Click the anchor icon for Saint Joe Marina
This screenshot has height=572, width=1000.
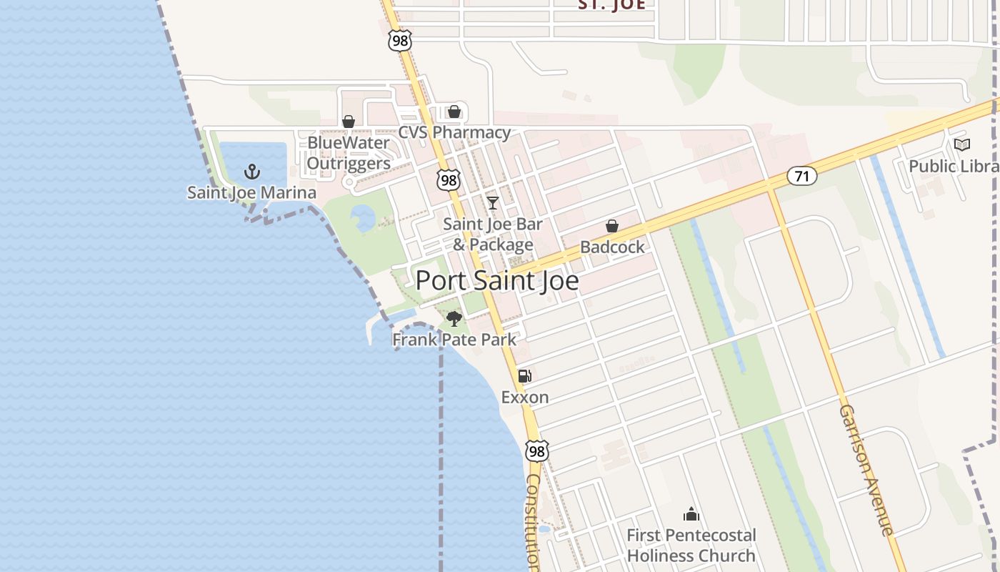(251, 172)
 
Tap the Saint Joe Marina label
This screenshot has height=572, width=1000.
(251, 192)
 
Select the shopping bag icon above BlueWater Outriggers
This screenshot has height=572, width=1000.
(349, 122)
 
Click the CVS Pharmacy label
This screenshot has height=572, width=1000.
(454, 132)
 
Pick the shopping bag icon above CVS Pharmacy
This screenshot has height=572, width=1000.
(454, 112)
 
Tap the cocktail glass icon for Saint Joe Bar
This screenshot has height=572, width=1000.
(492, 203)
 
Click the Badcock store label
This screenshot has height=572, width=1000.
(612, 247)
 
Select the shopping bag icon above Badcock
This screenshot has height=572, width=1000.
(612, 227)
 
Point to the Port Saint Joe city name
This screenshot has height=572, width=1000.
(497, 280)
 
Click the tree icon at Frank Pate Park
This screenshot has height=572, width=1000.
(454, 319)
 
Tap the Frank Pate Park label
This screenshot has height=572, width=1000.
(454, 339)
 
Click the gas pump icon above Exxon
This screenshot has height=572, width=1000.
(525, 376)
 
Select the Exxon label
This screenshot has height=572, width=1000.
(525, 397)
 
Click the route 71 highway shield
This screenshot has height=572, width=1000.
(802, 175)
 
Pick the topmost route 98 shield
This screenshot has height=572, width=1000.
(400, 41)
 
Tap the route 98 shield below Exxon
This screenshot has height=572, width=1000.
(537, 451)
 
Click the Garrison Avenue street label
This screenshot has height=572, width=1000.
(866, 470)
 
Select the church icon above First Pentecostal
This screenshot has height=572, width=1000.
(691, 515)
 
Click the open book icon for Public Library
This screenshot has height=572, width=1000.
(962, 145)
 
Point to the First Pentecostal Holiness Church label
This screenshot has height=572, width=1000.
(691, 546)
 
